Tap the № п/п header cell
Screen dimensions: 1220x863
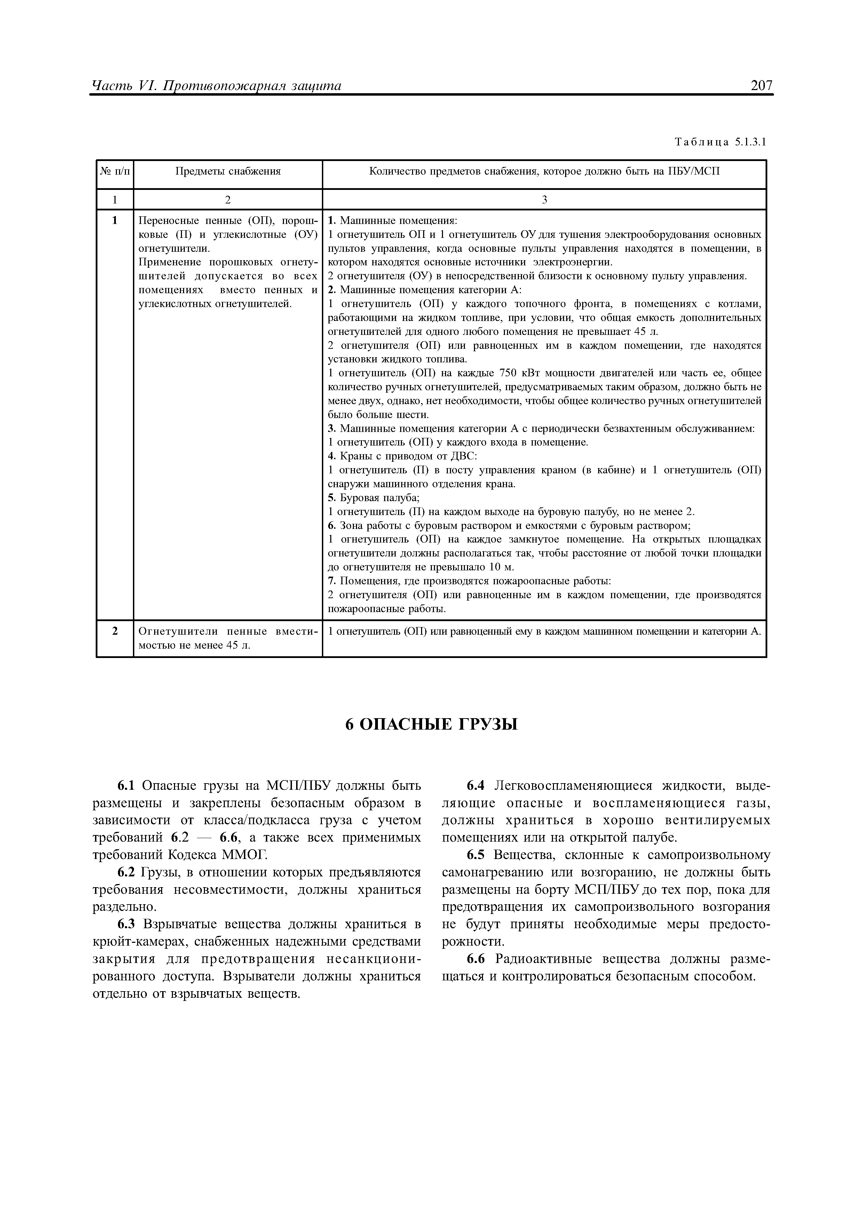[x=114, y=172]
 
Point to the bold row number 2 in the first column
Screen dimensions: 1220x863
[x=114, y=631]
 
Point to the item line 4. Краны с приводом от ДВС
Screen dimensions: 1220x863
[x=403, y=456]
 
